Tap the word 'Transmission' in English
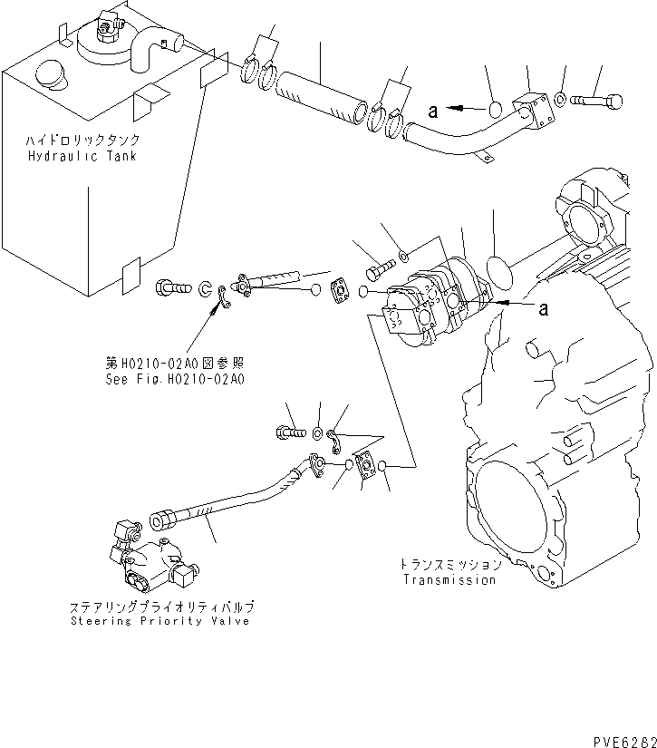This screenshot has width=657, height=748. tap(450, 580)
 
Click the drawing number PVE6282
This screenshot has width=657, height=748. tap(620, 740)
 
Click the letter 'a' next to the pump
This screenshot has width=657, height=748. tap(544, 309)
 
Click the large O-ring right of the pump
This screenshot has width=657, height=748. tap(495, 271)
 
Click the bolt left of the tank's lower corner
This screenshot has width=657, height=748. tap(172, 287)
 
